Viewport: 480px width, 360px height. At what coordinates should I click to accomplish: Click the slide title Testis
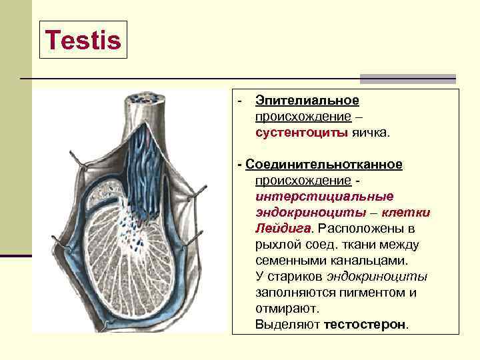[83, 41]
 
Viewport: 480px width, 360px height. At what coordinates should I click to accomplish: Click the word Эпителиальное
[307, 101]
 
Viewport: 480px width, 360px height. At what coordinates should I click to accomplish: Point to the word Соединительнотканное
[324, 165]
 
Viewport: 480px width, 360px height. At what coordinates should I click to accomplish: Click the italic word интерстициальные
[324, 197]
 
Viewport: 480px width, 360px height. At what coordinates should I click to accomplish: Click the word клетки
[407, 213]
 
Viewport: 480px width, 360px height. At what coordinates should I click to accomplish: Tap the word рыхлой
[277, 245]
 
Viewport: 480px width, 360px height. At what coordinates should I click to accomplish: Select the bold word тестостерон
[365, 325]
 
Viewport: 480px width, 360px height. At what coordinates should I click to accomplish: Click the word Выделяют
[287, 325]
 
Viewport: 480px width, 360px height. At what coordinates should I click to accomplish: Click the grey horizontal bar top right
[407, 79]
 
